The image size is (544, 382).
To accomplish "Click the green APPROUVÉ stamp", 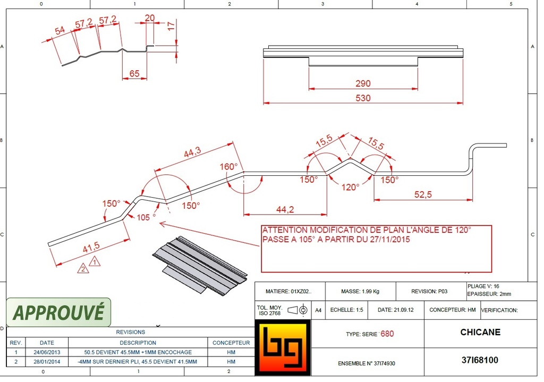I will pos(58,312).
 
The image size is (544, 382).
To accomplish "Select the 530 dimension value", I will pos(363,98).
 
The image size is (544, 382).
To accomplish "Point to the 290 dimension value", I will pos(363,83).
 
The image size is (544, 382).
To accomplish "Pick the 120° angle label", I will pos(350,187).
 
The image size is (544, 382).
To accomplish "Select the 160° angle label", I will pos(229,167).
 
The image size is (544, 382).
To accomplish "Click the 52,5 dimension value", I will pos(423,194).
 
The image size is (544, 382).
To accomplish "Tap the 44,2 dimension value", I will pos(285,209).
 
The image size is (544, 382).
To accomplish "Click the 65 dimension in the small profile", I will pos(134,74).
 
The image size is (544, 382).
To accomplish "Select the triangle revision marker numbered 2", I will pos(83,269).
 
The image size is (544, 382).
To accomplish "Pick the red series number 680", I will pos(387,334).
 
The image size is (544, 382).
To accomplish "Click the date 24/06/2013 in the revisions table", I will pos(47,352).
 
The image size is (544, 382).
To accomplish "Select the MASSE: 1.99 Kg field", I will pos(359,292).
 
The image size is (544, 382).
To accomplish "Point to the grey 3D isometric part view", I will pos(200,265).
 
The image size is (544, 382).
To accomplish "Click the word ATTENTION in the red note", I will pos(285,230).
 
